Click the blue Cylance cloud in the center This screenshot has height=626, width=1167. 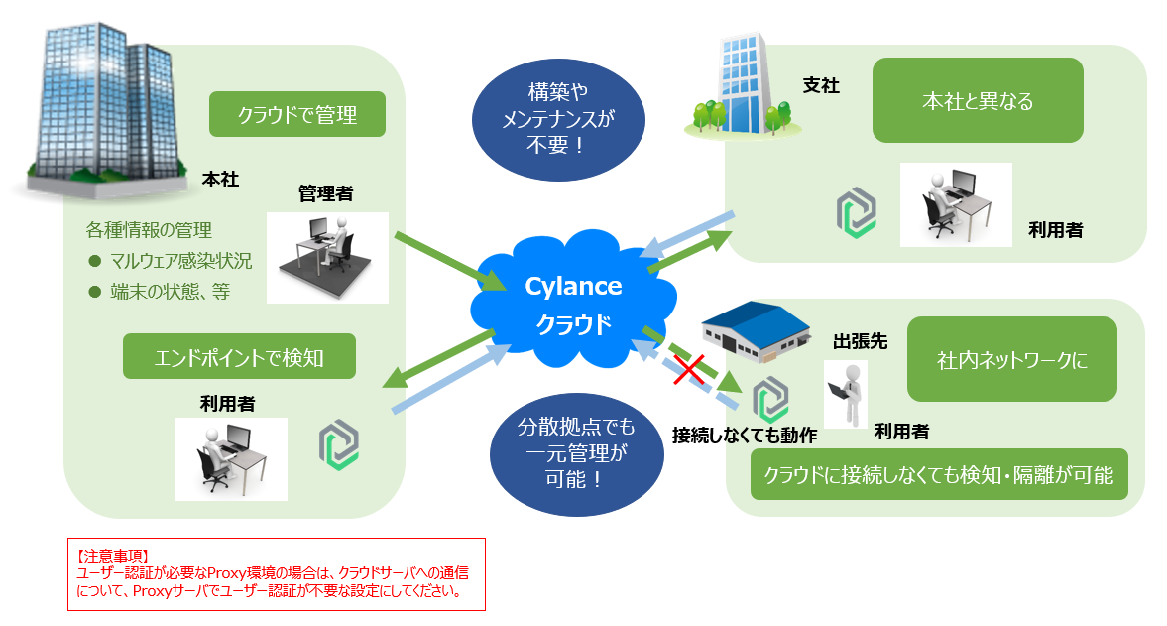click(573, 304)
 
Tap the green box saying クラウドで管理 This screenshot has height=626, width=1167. click(296, 115)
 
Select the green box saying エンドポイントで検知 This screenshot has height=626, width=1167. click(238, 356)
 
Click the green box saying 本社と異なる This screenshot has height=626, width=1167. click(977, 100)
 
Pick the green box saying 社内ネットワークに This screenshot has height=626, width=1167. click(1011, 359)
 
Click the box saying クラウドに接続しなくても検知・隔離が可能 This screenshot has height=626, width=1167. click(939, 474)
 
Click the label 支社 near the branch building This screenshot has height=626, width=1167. click(821, 86)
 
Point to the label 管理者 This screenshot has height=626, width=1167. click(325, 193)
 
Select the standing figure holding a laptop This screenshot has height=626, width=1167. click(845, 393)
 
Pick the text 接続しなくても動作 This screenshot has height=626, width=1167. click(744, 435)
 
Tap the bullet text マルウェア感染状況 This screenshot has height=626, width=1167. click(180, 262)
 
